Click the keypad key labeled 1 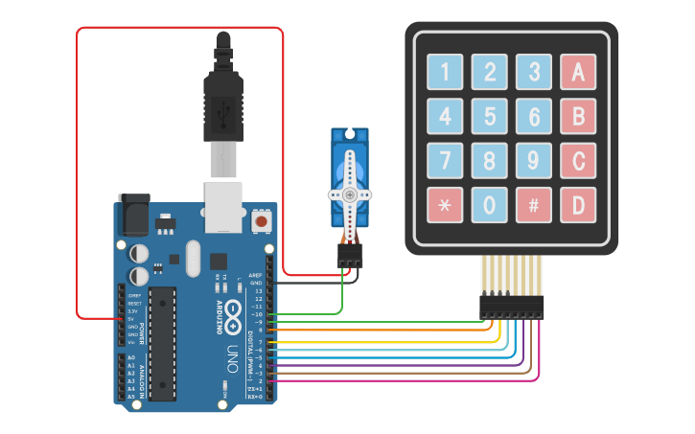coord(445,71)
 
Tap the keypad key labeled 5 coord(489,115)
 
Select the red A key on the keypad coord(578,71)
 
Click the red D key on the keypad coord(578,204)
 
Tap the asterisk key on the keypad coord(445,204)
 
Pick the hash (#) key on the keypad coord(534,204)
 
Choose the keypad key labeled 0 coord(489,204)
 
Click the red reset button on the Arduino coord(261,222)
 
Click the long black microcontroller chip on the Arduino coord(163,341)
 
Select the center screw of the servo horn coord(350,194)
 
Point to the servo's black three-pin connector coord(350,256)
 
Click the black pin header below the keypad coord(512,307)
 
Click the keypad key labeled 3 coord(534,71)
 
